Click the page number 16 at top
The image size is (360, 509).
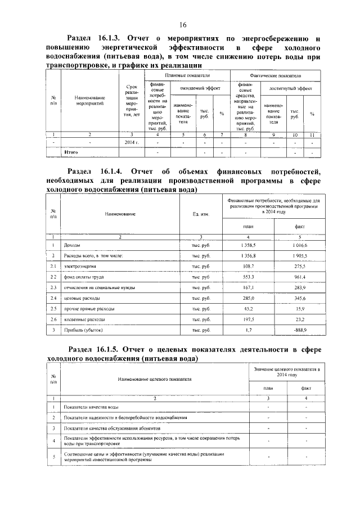[x=183, y=25]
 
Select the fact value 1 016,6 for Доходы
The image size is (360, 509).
[x=300, y=246]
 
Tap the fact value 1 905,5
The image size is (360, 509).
[x=300, y=255]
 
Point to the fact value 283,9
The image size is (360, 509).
[x=301, y=287]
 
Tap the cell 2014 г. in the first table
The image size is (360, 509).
[x=132, y=143]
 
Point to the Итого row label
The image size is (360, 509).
[x=71, y=152]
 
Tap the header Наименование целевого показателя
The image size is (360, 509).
[x=155, y=379]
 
